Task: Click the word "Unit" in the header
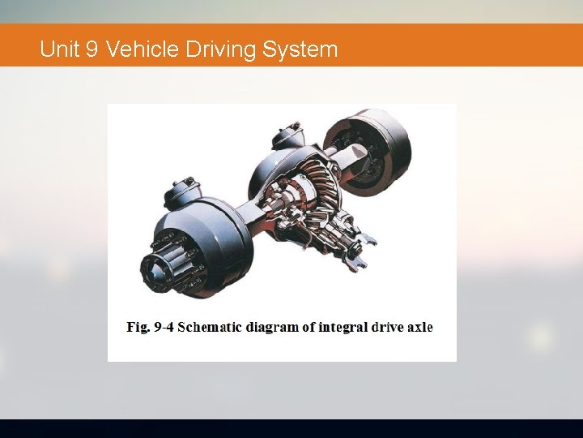(58, 49)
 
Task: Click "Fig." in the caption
(138, 328)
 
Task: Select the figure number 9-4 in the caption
(164, 328)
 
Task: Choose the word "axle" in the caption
(420, 328)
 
